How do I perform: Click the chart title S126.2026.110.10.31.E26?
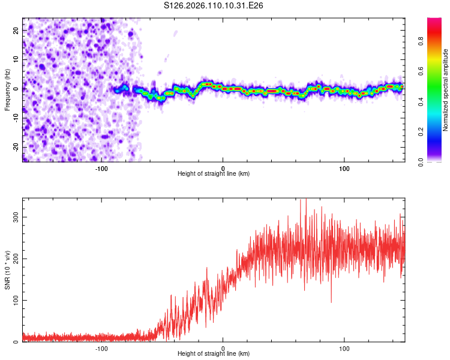tap(214, 5)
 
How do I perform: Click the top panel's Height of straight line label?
tap(214, 173)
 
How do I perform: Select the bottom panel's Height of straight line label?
tap(214, 354)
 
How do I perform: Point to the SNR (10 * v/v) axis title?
tap(7, 270)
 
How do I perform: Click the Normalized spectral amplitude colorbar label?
tap(446, 90)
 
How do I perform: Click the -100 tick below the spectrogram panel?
tap(101, 167)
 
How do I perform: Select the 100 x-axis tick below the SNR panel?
tap(345, 348)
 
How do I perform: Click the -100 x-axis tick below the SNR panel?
tap(101, 348)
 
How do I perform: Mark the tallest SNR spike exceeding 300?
tap(306, 200)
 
